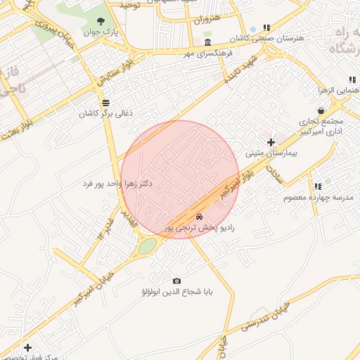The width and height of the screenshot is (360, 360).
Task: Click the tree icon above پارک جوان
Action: coord(103,22)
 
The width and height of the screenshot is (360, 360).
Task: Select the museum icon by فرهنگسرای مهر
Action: coord(207,43)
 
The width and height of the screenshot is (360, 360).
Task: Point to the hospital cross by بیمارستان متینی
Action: coord(271,143)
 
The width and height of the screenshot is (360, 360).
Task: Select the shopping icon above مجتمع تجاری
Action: coord(321,110)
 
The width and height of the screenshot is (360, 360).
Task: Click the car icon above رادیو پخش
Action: coord(200,217)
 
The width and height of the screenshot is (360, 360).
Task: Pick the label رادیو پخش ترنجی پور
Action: coord(204,228)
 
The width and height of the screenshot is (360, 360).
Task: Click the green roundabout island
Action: coord(148,246)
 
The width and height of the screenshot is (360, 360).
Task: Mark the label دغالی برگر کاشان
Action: coord(105,113)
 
